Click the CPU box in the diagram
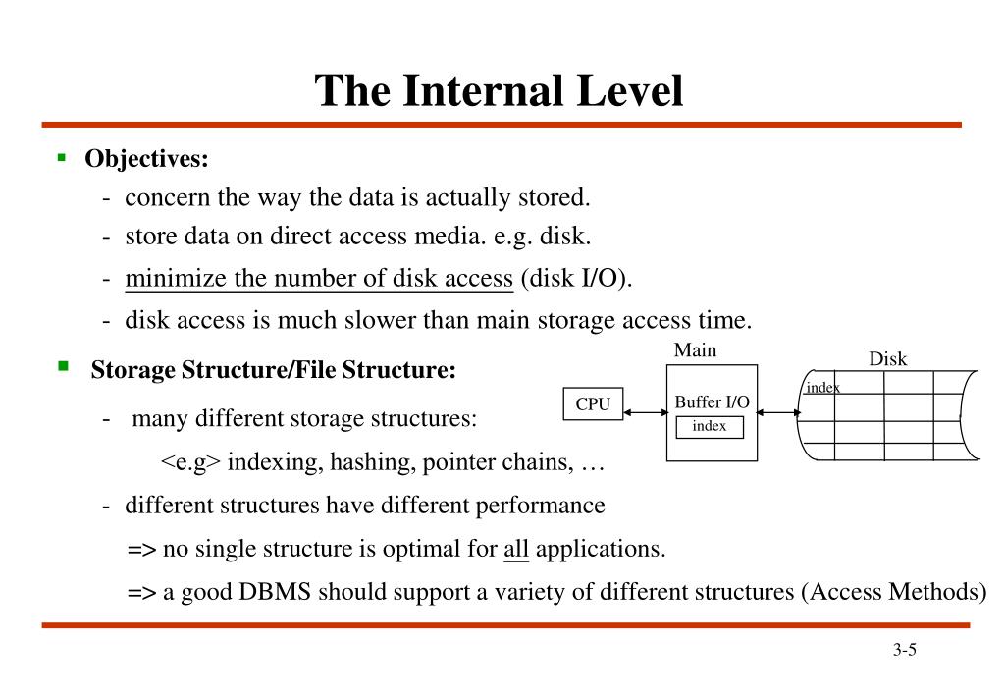point(593,404)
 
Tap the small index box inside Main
point(710,426)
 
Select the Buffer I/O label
point(712,401)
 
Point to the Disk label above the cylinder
point(887,359)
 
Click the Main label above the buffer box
point(695,350)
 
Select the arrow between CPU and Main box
point(645,412)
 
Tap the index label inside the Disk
point(822,388)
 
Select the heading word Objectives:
point(147,158)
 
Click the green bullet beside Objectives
point(61,157)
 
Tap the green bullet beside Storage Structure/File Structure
point(63,367)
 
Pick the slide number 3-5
point(904,650)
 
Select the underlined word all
point(516,549)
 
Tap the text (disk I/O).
point(577,279)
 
